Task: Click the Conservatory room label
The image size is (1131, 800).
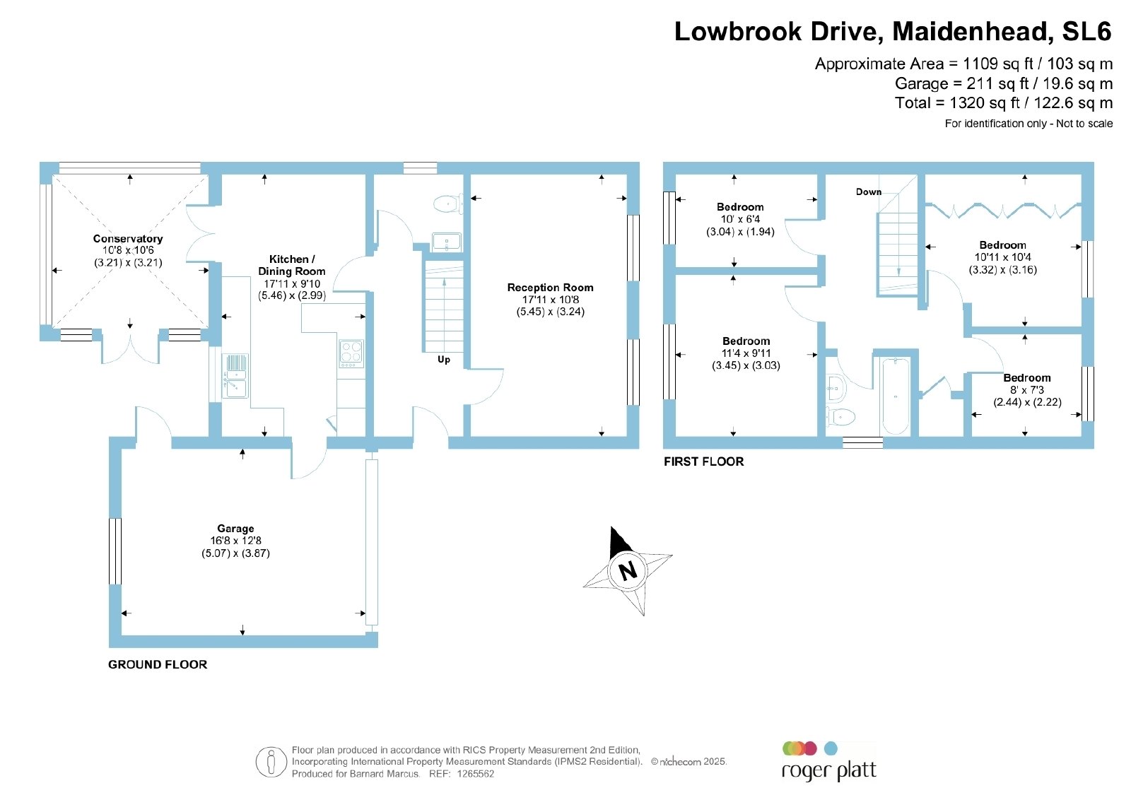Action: pyautogui.click(x=128, y=239)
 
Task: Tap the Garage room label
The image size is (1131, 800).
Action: pyautogui.click(x=235, y=529)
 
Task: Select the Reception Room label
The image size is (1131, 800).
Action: pyautogui.click(x=550, y=287)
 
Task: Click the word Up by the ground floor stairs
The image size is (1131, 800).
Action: pyautogui.click(x=444, y=360)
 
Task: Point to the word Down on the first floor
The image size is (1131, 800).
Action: pyautogui.click(x=869, y=192)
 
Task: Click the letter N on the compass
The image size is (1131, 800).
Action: pyautogui.click(x=628, y=571)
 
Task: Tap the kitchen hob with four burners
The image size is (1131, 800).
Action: pyautogui.click(x=351, y=354)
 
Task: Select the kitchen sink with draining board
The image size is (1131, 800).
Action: pyautogui.click(x=235, y=376)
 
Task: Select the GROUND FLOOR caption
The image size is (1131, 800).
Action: pyautogui.click(x=158, y=664)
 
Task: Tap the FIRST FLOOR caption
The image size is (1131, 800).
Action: pyautogui.click(x=703, y=461)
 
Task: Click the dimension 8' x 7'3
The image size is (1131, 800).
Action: pyautogui.click(x=1026, y=389)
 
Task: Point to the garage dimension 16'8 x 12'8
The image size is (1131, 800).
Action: pyautogui.click(x=235, y=541)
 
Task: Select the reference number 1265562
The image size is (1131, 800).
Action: pyautogui.click(x=475, y=774)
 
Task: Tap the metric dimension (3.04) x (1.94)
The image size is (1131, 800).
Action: pyautogui.click(x=739, y=232)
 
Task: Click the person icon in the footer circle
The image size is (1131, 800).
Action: pyautogui.click(x=271, y=762)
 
